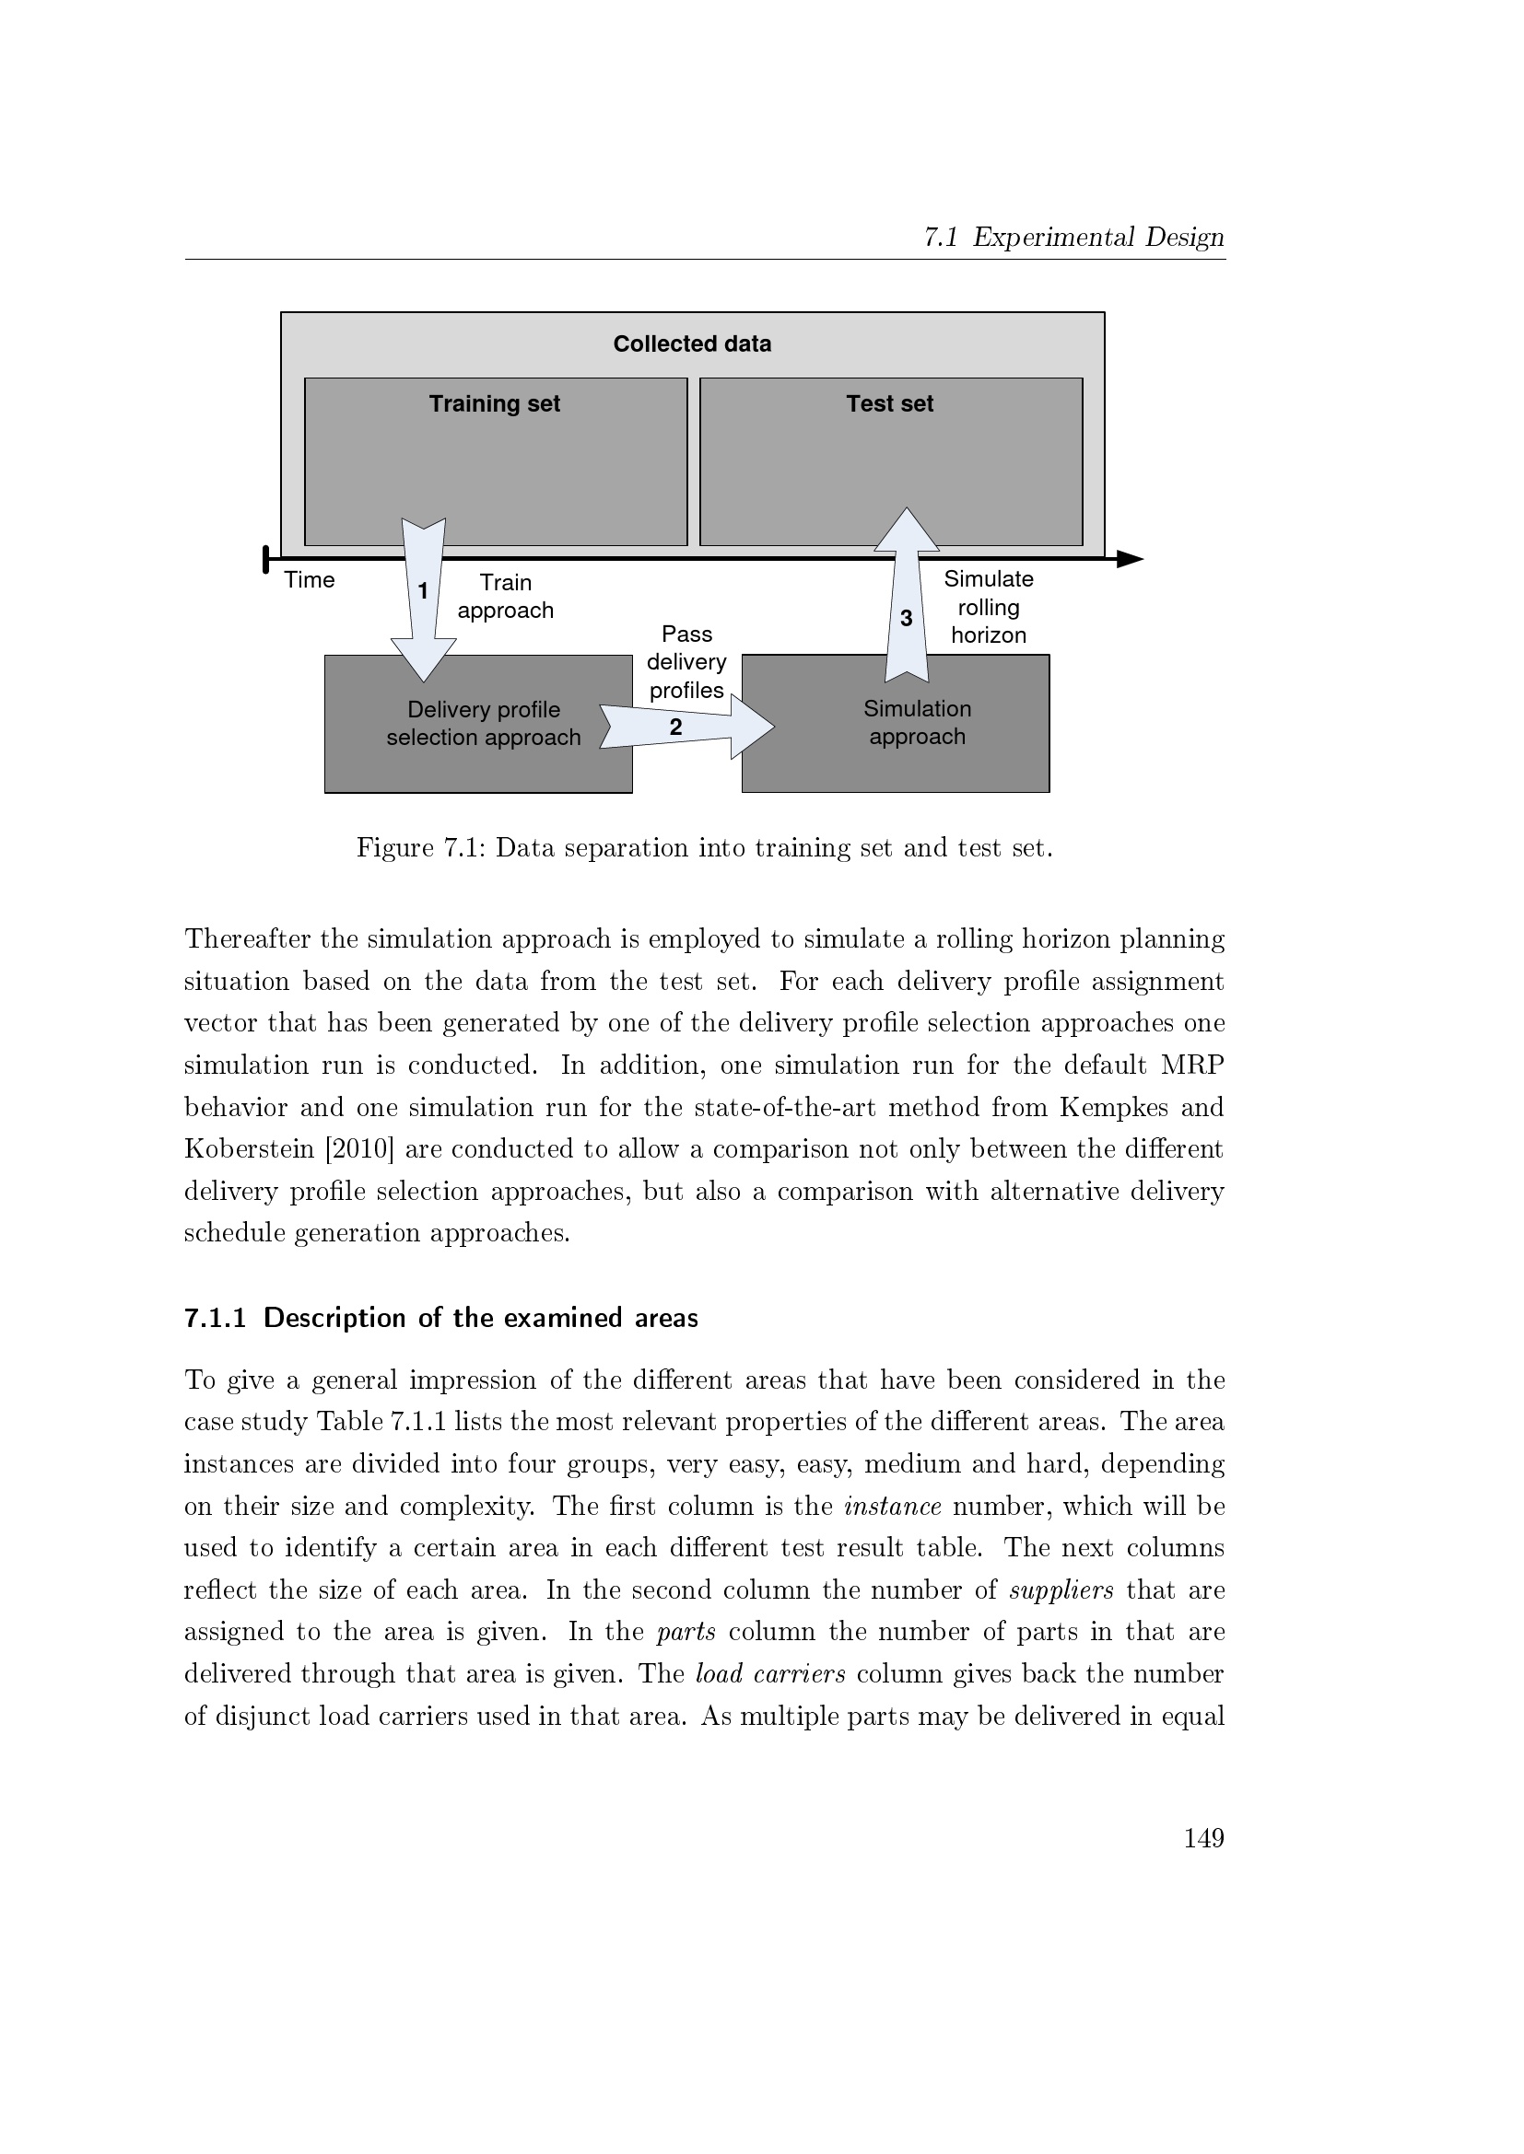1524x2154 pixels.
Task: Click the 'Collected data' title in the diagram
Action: tap(692, 344)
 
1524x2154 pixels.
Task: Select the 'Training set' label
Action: tap(495, 403)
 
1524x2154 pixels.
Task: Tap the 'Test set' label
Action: tap(890, 403)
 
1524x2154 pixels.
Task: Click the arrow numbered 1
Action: tap(423, 600)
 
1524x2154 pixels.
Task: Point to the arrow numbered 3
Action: tap(907, 600)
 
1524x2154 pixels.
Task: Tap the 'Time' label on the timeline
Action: tap(310, 580)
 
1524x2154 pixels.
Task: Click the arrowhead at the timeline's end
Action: tap(1130, 560)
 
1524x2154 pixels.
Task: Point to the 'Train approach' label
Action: tap(506, 597)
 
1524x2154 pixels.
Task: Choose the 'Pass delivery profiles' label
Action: tap(687, 662)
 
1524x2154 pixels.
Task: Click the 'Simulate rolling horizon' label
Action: tap(988, 607)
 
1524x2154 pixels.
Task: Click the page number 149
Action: tap(1204, 1838)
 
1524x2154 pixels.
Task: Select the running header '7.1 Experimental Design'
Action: tap(1073, 238)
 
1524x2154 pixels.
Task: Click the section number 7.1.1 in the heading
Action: tap(215, 1318)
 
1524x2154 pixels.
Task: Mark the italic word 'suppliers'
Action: tap(1061, 1590)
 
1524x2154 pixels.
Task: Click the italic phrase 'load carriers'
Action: tap(770, 1674)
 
